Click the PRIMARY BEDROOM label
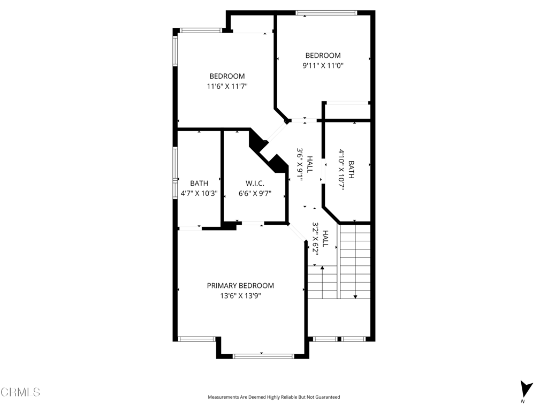(240, 286)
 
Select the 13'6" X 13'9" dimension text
(240, 296)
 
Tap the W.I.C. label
(255, 183)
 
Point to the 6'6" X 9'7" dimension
(255, 193)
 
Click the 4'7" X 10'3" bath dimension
(199, 193)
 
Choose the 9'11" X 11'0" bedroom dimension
(323, 65)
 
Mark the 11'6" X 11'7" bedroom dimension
(227, 86)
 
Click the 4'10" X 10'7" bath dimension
(341, 170)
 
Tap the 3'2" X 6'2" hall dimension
(316, 239)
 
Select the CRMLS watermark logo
(20, 392)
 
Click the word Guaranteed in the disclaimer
(328, 397)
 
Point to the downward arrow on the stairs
(355, 261)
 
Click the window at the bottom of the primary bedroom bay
(263, 356)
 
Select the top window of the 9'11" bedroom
(326, 13)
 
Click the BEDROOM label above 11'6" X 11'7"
(227, 76)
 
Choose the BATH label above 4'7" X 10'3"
(199, 183)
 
